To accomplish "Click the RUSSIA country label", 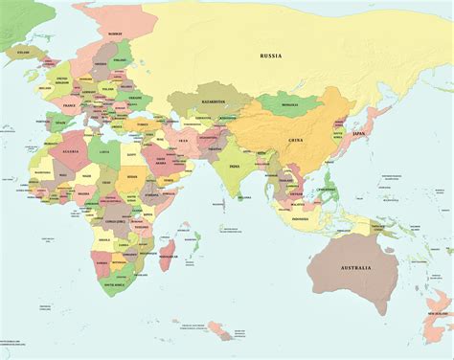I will pos(271,56).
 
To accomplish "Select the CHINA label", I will pos(295,141).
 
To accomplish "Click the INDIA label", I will pos(235,166).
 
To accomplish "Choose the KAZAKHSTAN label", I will pos(213,100).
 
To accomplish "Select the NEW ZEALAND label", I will pos(440,316).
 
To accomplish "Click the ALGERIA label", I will pos(70,151).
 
